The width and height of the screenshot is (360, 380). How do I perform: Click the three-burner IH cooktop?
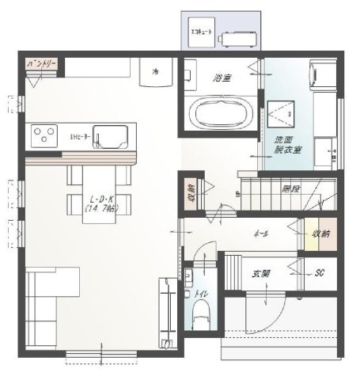pos(46,135)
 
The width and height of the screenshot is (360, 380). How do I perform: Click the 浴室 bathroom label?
pos(223,78)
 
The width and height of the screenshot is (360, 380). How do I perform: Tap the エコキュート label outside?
pos(202,33)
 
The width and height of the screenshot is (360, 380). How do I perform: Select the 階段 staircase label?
pos(290,188)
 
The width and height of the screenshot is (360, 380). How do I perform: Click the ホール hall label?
pos(260,234)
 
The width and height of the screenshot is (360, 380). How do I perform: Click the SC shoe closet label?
pos(320,273)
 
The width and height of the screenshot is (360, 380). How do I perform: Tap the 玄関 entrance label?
pos(260,273)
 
